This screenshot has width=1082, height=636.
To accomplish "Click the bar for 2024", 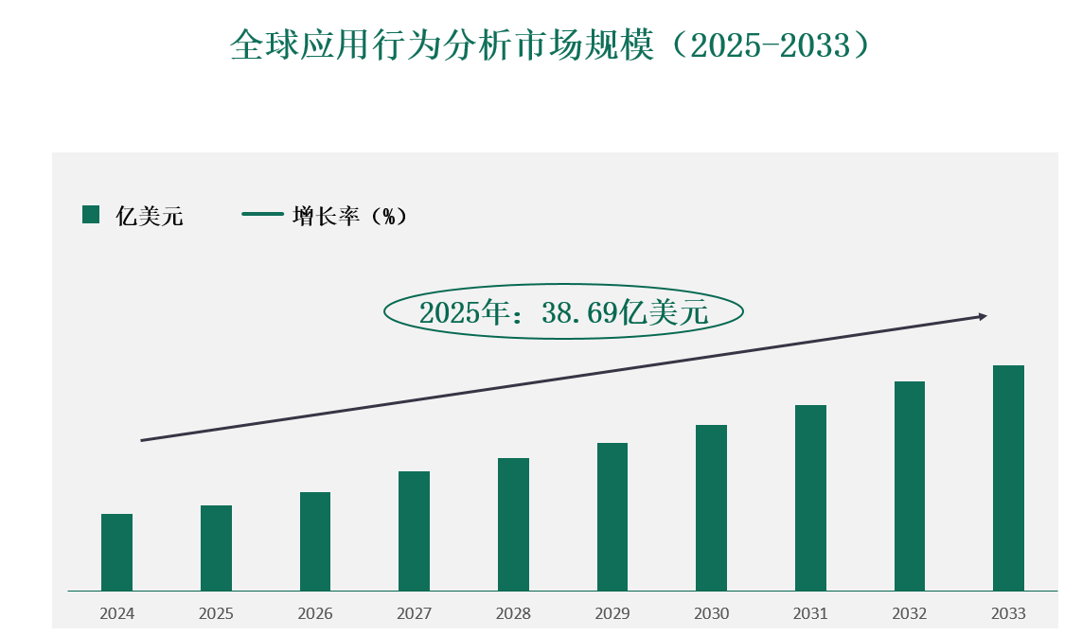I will (116, 553).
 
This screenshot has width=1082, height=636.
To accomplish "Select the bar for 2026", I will (315, 541).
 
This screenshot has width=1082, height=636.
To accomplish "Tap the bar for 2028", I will (513, 524).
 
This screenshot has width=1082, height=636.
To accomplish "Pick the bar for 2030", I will (711, 508).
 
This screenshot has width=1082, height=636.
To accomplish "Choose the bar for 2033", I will (1008, 478).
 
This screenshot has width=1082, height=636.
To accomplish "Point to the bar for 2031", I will (810, 498).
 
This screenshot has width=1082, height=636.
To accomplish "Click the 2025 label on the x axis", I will (216, 613).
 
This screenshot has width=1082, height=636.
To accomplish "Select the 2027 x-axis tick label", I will (414, 613).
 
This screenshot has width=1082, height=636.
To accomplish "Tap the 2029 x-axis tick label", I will (612, 613).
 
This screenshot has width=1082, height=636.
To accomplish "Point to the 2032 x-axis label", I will (909, 613).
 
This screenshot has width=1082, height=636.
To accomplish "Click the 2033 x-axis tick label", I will (1008, 613).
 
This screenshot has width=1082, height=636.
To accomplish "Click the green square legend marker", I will (91, 215).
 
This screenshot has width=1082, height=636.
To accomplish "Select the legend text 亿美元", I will (150, 216).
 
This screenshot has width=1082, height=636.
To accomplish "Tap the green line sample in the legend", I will (262, 214).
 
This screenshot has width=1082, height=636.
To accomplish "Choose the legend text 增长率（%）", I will (349, 216).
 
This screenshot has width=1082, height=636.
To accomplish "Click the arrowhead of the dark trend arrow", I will (984, 316).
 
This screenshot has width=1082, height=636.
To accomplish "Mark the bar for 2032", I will (909, 486).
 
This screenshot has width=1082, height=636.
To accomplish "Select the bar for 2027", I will (414, 531).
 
